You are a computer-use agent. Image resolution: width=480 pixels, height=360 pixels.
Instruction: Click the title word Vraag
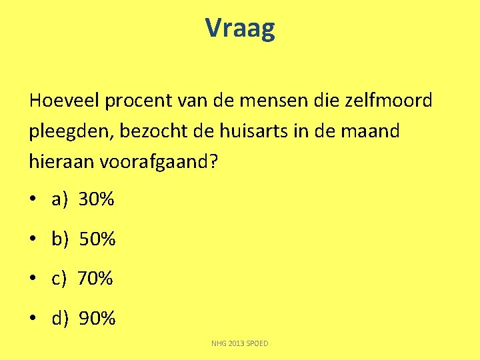click(x=239, y=29)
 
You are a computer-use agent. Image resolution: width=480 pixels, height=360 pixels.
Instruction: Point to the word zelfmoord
click(x=389, y=101)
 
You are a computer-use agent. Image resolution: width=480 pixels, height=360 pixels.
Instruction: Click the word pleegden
click(x=69, y=132)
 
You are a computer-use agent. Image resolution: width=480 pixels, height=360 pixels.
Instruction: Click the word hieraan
click(x=62, y=162)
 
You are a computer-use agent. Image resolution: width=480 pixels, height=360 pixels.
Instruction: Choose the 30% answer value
click(x=97, y=199)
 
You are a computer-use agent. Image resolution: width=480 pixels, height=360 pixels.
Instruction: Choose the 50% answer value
click(x=97, y=239)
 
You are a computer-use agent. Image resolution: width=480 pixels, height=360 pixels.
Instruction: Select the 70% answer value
click(x=95, y=279)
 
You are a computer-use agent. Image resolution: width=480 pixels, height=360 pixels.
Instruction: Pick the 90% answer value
click(x=97, y=319)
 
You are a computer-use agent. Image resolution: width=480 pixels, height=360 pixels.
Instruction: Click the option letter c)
click(x=59, y=279)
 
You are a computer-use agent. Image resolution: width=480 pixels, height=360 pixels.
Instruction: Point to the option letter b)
click(x=59, y=239)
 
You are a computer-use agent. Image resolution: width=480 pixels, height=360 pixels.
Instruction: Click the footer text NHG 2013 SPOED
click(x=240, y=344)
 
